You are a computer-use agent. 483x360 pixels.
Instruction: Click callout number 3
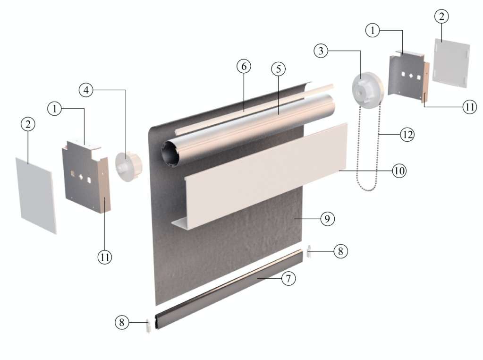321,50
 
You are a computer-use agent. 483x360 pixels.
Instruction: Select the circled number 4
86,90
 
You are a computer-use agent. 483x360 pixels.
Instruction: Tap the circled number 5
279,69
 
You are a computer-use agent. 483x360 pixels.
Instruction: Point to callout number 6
244,66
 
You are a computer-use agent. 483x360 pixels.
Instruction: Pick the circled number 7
288,278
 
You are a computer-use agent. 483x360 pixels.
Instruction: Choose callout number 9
327,219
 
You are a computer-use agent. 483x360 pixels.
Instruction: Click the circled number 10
399,171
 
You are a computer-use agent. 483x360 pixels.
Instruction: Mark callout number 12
407,134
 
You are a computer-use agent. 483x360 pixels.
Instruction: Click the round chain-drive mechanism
367,87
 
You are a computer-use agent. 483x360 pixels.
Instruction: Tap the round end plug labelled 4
129,166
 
